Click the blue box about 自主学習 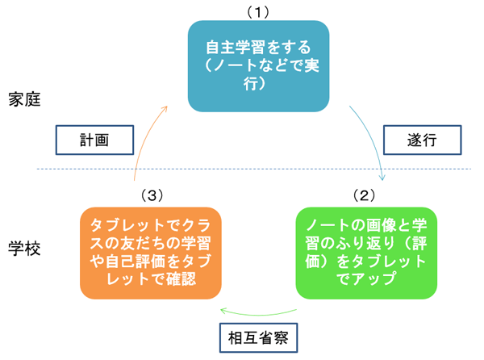click(259, 65)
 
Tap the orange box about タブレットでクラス click(151, 252)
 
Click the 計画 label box click(93, 139)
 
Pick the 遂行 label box click(421, 139)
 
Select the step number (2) click(365, 195)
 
